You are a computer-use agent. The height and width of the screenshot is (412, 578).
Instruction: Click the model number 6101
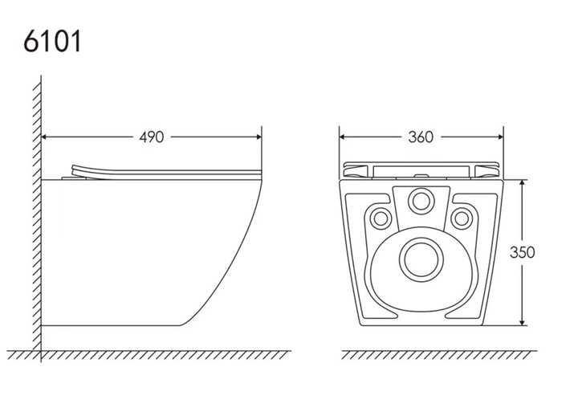pos(52,41)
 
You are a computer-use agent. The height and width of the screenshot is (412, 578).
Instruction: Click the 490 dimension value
pos(151,137)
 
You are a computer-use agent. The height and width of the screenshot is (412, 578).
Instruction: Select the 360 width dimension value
pos(421,137)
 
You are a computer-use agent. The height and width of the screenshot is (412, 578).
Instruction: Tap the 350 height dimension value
pos(522,252)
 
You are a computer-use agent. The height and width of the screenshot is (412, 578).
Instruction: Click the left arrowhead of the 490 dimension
pos(44,137)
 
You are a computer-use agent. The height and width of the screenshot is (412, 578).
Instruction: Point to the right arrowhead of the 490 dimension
pos(258,137)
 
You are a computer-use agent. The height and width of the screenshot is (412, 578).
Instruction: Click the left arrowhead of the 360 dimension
pos(342,137)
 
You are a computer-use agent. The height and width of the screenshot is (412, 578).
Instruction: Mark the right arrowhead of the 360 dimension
pos(501,137)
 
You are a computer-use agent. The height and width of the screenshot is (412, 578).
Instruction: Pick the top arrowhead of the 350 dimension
pos(523,183)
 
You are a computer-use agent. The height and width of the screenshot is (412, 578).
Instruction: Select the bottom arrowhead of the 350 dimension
pos(523,322)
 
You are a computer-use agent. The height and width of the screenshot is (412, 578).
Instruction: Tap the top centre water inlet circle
pos(421,202)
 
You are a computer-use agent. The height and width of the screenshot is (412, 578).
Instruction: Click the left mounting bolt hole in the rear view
pos(380,218)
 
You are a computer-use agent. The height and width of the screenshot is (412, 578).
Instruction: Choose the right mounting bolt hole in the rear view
pos(461,218)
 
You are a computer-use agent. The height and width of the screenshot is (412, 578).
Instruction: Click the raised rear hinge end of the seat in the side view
pos(74,169)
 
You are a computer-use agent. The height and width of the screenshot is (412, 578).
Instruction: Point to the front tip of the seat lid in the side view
pos(261,172)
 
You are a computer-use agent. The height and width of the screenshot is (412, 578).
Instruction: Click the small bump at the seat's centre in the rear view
pos(420,176)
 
